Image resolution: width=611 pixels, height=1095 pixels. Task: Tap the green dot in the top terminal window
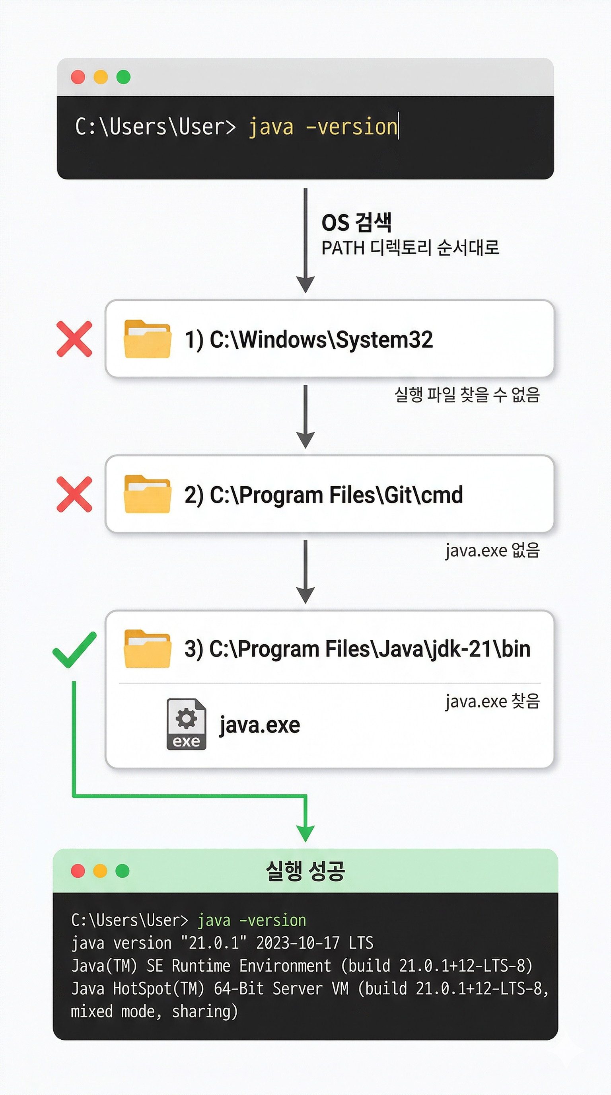(123, 77)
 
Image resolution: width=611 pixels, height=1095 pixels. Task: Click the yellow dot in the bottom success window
(100, 871)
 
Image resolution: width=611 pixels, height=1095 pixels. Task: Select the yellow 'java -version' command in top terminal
(323, 127)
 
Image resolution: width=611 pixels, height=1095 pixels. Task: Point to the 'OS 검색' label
(356, 222)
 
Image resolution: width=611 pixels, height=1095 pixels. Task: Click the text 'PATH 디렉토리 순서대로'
(410, 248)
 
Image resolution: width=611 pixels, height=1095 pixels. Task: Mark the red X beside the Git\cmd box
(74, 494)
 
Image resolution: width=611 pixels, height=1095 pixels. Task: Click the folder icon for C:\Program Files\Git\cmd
(148, 494)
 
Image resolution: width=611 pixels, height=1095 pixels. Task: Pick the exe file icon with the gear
(186, 724)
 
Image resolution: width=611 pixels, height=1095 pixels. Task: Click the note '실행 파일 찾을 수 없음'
(467, 394)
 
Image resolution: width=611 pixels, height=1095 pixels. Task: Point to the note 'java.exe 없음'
(492, 550)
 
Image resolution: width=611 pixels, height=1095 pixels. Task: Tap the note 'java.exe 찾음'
(492, 701)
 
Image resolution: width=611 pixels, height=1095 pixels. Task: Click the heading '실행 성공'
(305, 871)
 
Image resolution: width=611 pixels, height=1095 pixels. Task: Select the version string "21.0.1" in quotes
(213, 943)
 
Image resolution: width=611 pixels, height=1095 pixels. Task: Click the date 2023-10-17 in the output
(298, 943)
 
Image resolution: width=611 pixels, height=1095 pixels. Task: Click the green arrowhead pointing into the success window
(305, 833)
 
